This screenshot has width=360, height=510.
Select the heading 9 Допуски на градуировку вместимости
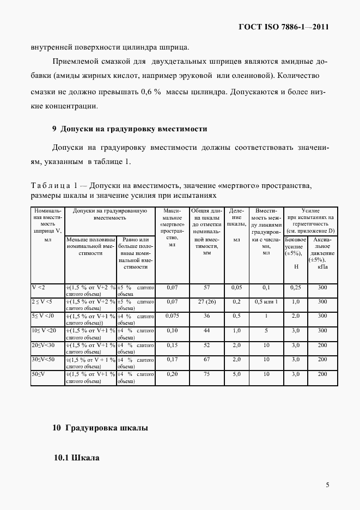130,129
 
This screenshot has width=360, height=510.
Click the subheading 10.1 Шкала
76,458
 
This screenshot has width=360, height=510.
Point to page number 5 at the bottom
327,484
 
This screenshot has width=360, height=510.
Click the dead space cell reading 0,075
172,316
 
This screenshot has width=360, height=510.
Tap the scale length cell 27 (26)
206,301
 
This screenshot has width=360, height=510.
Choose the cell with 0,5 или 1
266,301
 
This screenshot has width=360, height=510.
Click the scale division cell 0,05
236,287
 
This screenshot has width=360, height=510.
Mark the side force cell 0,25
296,287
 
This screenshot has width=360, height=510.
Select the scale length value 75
206,374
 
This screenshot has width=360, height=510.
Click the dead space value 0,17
172,360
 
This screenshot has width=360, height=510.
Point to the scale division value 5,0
236,374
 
